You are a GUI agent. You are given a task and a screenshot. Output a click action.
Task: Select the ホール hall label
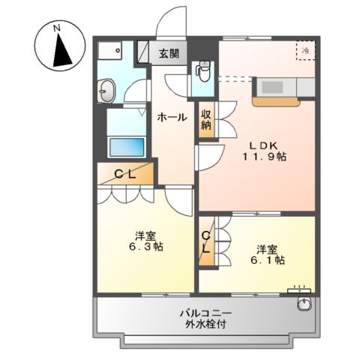coord(172,117)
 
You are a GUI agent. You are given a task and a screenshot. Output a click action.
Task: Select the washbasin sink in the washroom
coord(106,92)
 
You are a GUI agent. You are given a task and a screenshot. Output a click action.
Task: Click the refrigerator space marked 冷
coord(305,49)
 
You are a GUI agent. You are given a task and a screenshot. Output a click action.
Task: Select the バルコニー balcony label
coord(204,312)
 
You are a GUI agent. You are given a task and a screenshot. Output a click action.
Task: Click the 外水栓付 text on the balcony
coord(205,325)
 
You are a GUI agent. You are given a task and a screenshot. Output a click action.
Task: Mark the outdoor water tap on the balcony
coord(303,304)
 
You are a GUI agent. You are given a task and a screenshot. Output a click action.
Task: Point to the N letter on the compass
coord(57,29)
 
